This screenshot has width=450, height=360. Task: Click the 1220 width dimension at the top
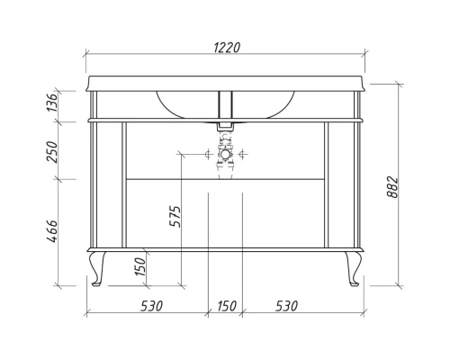(227, 48)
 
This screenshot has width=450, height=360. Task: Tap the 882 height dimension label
(392, 187)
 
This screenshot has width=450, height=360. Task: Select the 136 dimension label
(51, 103)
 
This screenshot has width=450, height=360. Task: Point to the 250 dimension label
(51, 152)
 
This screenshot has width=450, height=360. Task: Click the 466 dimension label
(51, 231)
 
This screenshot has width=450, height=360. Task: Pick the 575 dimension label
(175, 216)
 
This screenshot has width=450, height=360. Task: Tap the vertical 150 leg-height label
(140, 266)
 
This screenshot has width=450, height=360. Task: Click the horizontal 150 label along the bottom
(227, 306)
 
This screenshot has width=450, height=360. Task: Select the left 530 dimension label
(151, 306)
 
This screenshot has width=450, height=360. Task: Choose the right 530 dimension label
(286, 306)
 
